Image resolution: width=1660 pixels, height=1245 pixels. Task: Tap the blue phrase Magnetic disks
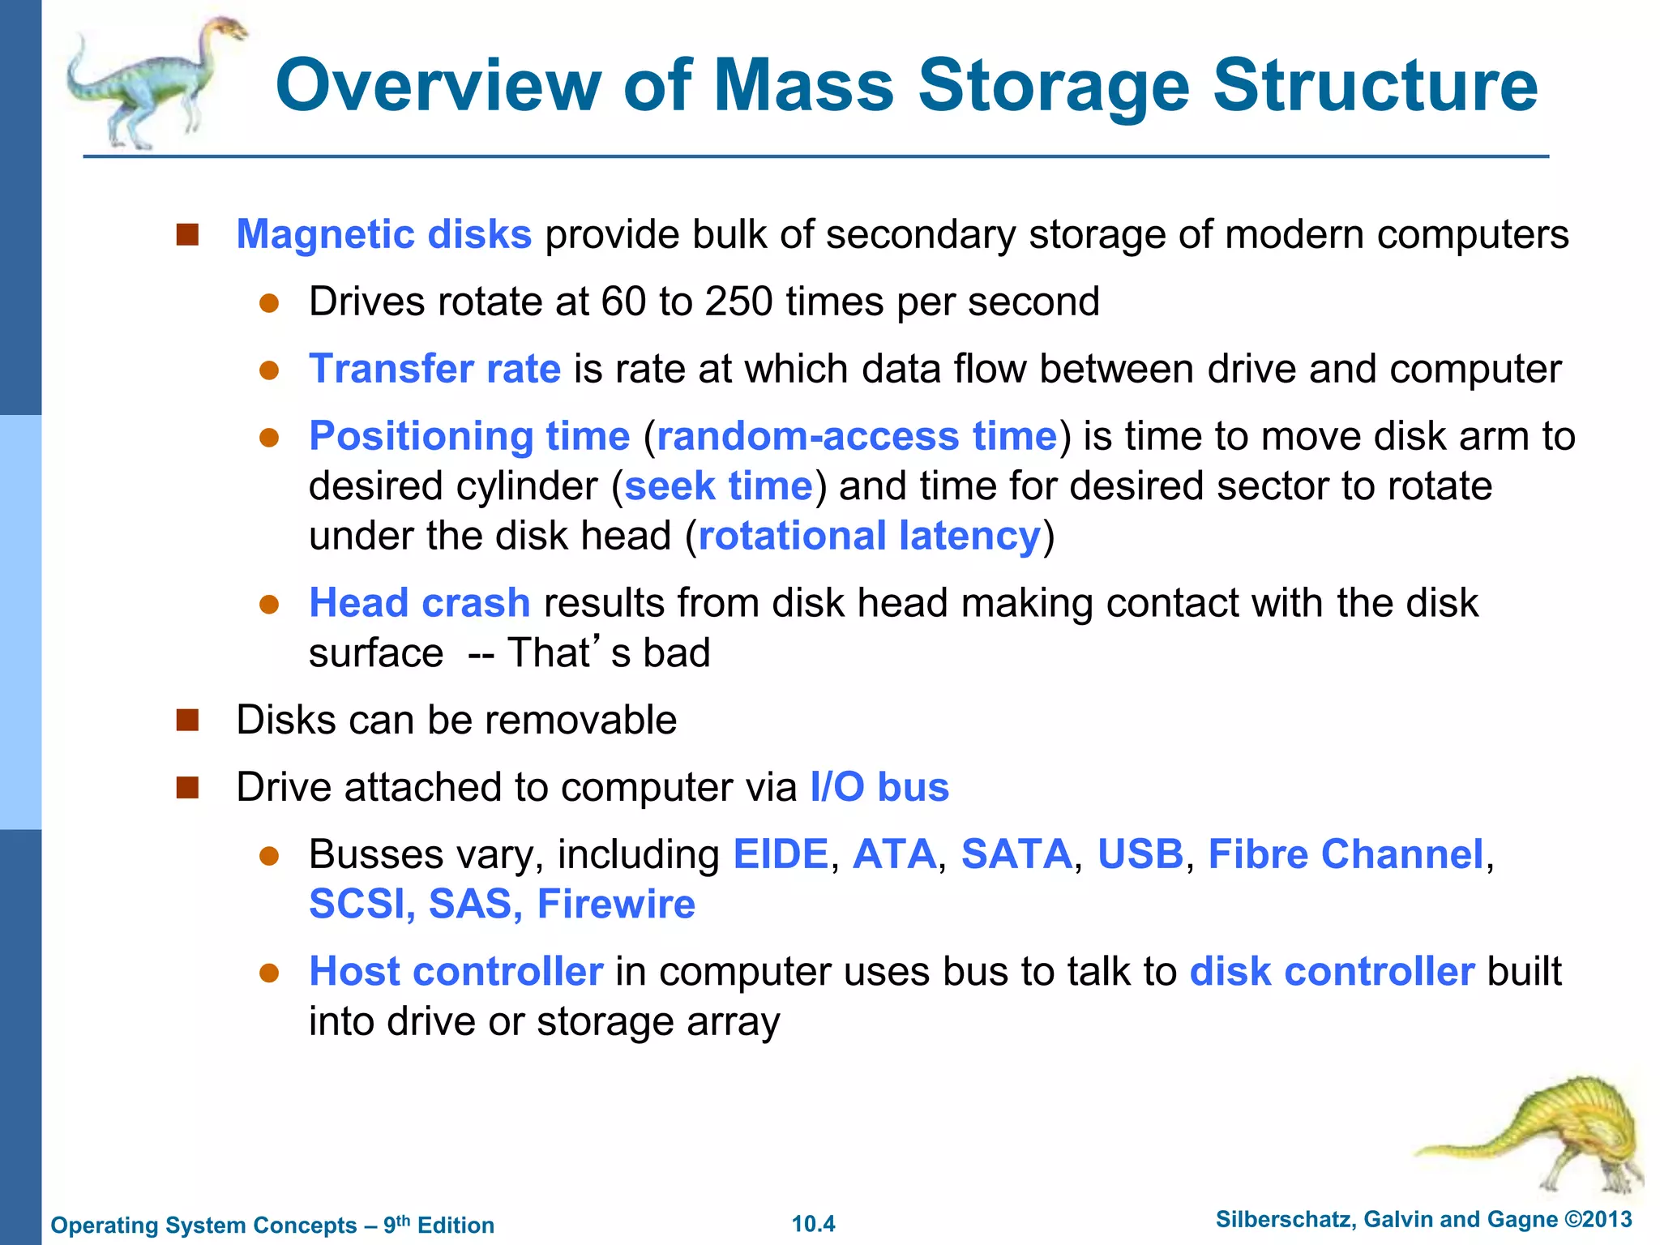tap(383, 234)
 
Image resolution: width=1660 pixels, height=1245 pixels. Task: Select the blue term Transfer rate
tap(434, 369)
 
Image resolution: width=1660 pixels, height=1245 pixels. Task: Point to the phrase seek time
tap(718, 486)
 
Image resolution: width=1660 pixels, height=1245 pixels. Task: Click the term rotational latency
tap(869, 537)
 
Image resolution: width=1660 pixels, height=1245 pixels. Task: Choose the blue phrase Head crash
tap(419, 603)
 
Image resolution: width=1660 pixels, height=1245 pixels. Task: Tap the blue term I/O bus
tap(879, 787)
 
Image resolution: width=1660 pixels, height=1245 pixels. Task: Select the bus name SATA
tap(1016, 854)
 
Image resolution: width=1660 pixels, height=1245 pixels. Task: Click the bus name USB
tap(1140, 854)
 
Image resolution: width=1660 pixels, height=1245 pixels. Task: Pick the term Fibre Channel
tap(1346, 854)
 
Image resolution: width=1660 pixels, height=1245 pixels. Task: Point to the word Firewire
tap(616, 904)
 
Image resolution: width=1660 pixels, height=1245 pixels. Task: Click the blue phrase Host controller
tap(456, 971)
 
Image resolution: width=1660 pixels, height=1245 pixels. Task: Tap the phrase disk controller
tap(1332, 971)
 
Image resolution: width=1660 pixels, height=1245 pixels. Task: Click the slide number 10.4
tap(813, 1224)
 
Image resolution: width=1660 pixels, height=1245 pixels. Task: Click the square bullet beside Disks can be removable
tap(187, 720)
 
